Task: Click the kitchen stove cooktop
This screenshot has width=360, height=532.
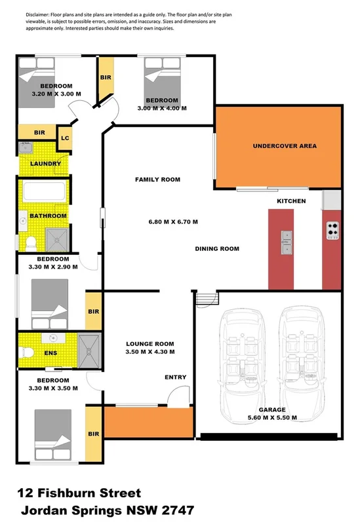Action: point(332,230)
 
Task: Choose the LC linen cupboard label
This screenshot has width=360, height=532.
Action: point(65,138)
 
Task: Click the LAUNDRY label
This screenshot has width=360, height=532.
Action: point(46,163)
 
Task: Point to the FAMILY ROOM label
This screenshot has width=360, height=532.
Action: point(157,179)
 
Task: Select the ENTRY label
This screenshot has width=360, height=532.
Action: point(176,377)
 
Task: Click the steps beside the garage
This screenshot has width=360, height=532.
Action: point(207,299)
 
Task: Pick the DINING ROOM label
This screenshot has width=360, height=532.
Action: point(217,248)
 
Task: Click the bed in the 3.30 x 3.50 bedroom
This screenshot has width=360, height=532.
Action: point(52,430)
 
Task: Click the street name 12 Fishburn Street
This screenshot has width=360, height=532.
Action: point(80,493)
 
